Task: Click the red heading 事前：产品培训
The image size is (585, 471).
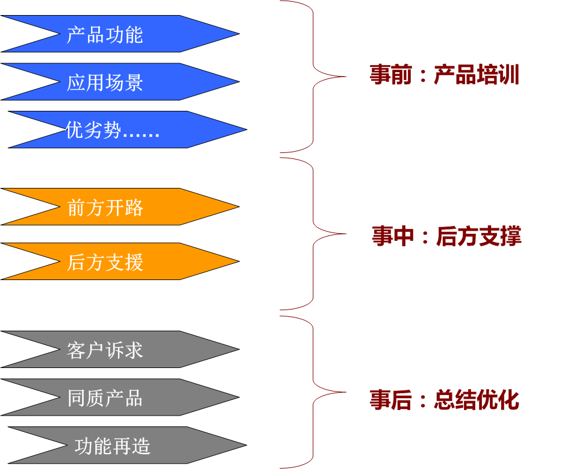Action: [x=444, y=75]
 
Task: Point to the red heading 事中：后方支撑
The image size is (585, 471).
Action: [x=446, y=237]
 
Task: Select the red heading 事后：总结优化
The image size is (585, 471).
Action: [x=444, y=401]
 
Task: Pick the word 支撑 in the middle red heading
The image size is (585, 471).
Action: [x=500, y=237]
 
